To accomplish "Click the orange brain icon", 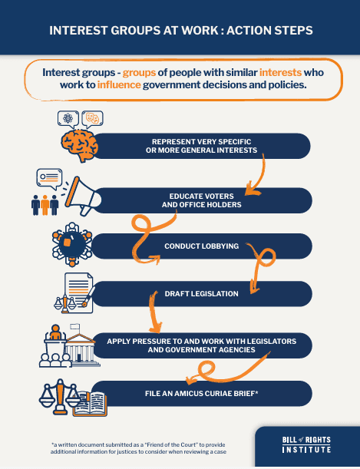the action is coord(80,145).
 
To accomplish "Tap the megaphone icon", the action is coord(83,197).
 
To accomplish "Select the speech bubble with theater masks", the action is coord(92,119).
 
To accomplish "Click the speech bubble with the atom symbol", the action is coord(68,119).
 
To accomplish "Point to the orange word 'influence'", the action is coord(119,85).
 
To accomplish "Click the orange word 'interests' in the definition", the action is coord(280,72).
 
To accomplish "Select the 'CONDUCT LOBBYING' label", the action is coord(202,246).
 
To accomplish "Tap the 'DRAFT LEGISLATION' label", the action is coord(202,294).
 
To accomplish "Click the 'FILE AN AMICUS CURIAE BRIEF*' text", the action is coord(202,393).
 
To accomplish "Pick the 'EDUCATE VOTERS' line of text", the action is coord(202,197).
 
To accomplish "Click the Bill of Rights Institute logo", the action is coord(306,444).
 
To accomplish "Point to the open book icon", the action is coord(90,404).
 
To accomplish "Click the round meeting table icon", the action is coord(71,244).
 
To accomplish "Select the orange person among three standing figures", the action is coord(45,205).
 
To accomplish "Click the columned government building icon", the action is coord(81,346).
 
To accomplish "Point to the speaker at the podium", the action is coord(55,332).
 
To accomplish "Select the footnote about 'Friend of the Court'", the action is coord(138,448).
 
